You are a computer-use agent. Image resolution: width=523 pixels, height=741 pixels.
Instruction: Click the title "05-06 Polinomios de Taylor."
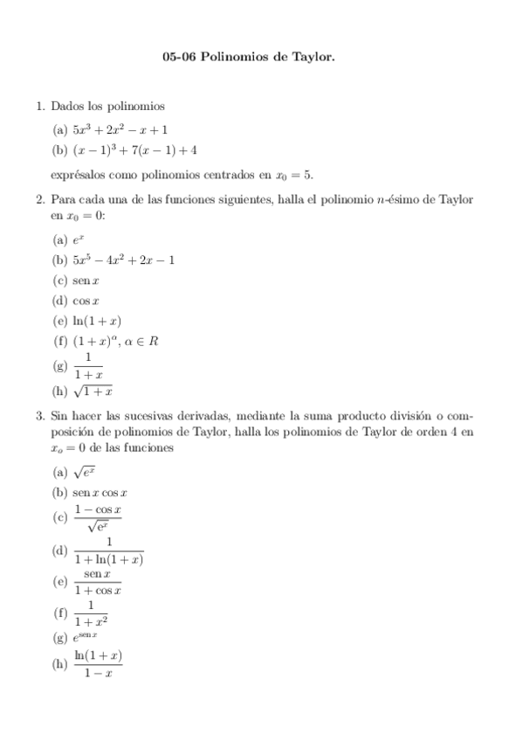pos(261,58)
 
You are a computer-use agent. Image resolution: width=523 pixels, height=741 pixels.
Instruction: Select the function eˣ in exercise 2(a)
pos(79,239)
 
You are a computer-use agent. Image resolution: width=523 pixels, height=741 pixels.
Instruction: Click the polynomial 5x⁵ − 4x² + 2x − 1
pos(123,260)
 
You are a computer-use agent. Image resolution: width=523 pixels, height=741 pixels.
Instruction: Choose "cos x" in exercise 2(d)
pos(87,301)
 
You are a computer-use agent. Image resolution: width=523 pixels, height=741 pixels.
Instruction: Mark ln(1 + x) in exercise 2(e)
pos(97,321)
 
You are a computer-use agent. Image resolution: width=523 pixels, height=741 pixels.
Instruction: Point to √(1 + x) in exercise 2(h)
pos(93,391)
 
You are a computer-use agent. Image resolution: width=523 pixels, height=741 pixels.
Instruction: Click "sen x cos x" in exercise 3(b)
pos(100,493)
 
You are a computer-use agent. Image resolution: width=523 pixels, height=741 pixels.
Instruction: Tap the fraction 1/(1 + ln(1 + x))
pos(109,551)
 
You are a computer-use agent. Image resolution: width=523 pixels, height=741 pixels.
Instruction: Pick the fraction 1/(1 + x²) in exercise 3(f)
pos(91,612)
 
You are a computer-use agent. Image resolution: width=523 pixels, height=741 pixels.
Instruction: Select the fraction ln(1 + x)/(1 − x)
pos(98,663)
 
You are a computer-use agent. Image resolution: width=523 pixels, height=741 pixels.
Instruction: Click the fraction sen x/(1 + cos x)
pos(97,581)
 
